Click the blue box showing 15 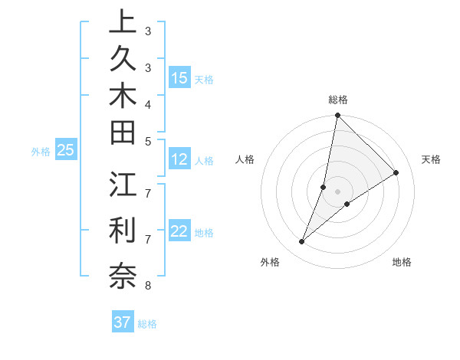179,78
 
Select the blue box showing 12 179,160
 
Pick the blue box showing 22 179,232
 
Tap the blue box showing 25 66,150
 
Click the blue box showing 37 123,322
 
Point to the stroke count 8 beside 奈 147,286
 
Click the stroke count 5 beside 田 147,141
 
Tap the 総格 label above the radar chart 338,100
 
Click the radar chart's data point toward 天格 396,173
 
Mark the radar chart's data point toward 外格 302,242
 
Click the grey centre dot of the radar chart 338,191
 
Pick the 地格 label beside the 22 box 205,233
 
